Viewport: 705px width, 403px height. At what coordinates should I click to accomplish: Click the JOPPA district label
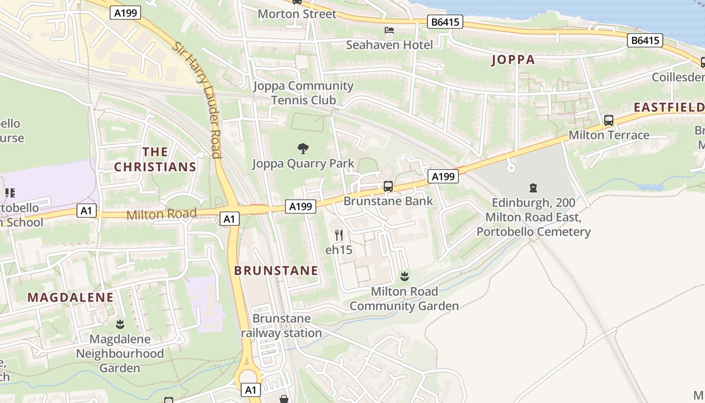513,60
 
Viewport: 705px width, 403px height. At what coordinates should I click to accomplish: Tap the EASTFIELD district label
669,107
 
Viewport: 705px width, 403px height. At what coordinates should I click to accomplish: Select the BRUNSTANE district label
276,271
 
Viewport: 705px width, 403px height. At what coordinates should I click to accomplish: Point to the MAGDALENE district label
70,297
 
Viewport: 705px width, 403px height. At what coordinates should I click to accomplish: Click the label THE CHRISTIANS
155,159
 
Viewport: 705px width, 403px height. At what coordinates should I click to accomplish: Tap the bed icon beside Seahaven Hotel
389,30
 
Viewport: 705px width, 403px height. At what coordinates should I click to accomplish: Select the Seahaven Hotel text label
389,45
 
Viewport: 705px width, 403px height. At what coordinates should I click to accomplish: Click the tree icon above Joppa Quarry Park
303,148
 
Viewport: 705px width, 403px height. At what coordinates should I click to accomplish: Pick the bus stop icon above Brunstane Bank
388,186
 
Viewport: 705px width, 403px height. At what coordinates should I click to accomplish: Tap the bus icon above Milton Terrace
609,120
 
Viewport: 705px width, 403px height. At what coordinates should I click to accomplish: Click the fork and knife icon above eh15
339,235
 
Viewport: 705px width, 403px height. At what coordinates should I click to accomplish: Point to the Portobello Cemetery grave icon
533,188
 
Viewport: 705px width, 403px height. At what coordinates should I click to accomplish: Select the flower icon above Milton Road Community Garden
404,276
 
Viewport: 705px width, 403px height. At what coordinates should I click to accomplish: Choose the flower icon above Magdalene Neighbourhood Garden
120,324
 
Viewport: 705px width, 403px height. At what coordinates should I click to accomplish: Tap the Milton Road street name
161,214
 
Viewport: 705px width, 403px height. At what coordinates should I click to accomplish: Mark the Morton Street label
297,14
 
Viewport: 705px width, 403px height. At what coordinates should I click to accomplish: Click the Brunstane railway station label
281,325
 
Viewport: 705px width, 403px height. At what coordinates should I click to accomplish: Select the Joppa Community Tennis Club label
303,93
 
